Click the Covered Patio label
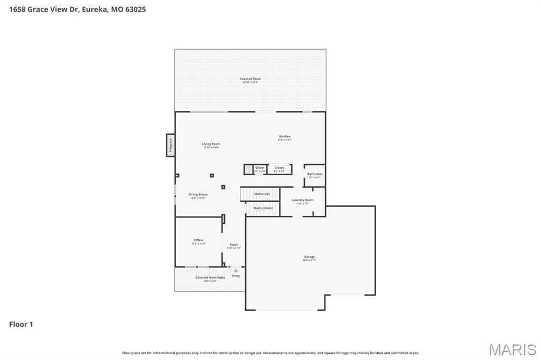coord(251,80)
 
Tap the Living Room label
coord(211,145)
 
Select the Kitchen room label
coord(285,138)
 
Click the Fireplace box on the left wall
coord(171,145)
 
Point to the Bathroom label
coord(315,175)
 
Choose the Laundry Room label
coord(302,201)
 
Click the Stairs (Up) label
coord(262,194)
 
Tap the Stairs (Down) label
coord(263,208)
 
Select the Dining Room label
coord(198,196)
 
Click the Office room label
coord(198,241)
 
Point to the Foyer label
coord(234,245)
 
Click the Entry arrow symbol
coord(236,271)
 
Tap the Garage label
coord(309,258)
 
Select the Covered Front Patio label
coord(210,279)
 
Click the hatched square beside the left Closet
coord(248,169)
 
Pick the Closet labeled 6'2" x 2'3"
coord(279,169)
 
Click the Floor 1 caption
coord(21,325)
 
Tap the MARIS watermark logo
coord(512,349)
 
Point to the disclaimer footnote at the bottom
coord(270,353)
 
